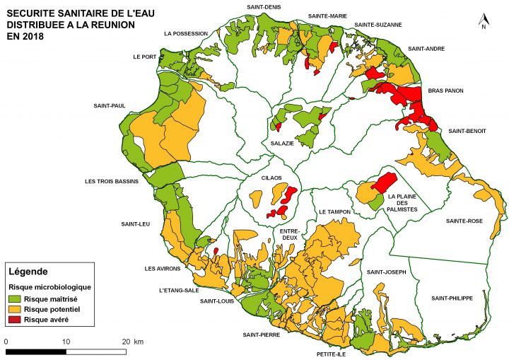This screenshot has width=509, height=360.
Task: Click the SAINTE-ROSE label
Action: tap(464, 221)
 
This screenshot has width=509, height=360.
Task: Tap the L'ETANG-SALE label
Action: tap(180, 291)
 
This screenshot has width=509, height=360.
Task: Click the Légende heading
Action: tap(28, 272)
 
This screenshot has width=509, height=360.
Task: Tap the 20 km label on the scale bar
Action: tap(133, 342)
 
